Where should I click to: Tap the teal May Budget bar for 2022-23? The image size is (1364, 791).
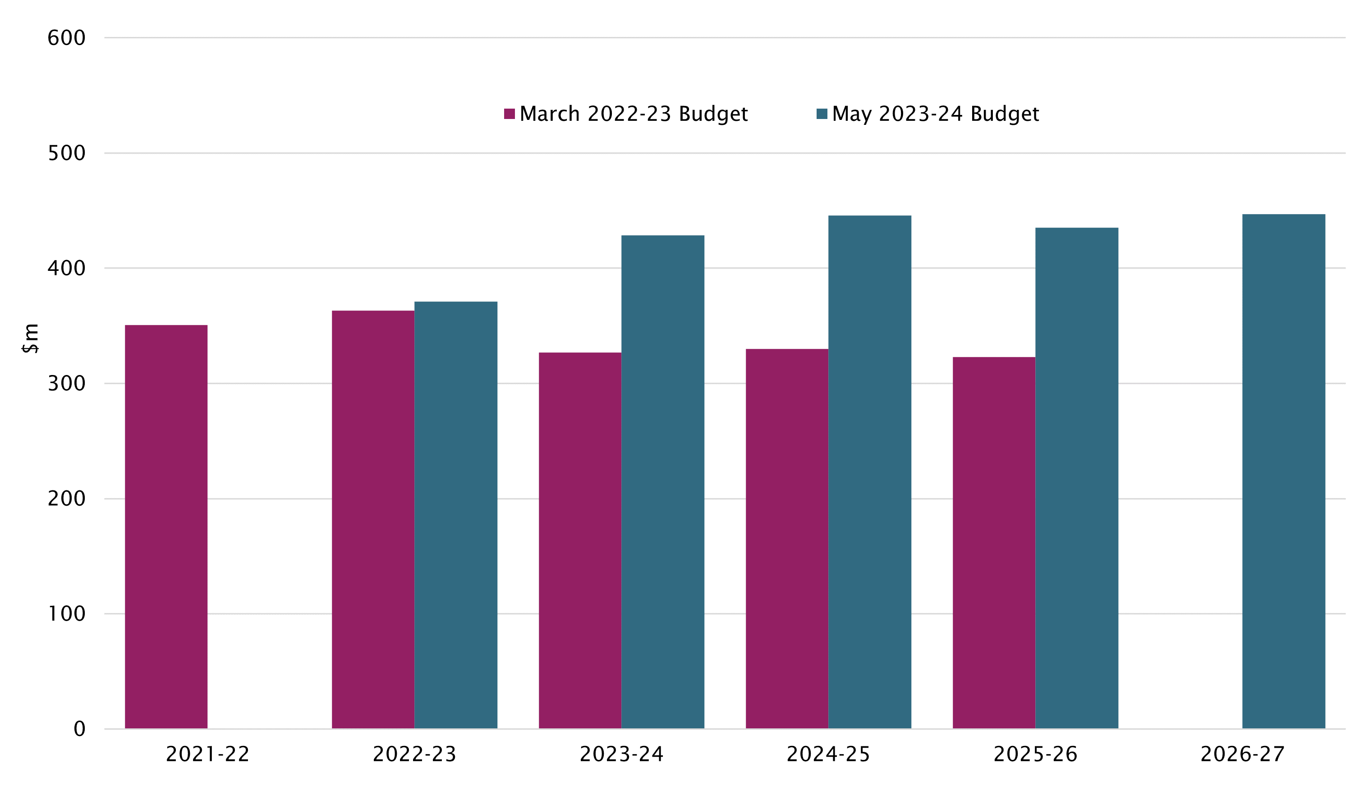456,515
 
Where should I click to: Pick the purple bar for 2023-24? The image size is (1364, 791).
580,540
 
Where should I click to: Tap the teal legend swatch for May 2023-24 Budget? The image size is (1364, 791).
822,114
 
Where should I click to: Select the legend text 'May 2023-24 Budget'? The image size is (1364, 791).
935,114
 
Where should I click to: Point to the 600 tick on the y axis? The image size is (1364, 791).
67,38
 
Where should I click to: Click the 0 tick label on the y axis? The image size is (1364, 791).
79,729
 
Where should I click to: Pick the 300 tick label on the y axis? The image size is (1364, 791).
67,384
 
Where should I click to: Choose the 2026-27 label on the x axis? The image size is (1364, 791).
1242,754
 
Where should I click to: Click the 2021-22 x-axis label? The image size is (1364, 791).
208,754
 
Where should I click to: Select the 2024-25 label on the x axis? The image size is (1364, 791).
828,754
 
